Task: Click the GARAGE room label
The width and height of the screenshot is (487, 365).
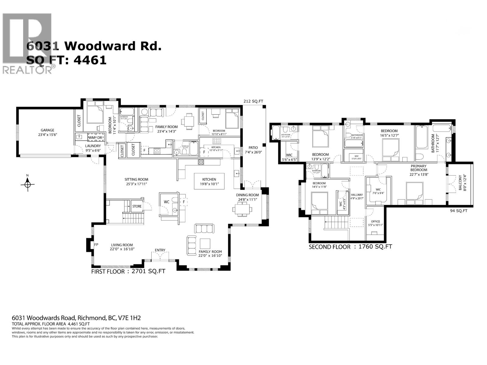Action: [47, 130]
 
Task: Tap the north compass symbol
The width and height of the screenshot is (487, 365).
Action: [28, 184]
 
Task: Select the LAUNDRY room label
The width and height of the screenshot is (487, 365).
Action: [93, 146]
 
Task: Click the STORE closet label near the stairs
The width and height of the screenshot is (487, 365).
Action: [137, 206]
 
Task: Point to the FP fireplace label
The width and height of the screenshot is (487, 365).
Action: [96, 245]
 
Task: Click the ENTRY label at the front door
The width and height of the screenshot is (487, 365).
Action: [160, 250]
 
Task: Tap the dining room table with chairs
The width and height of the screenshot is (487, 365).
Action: [242, 209]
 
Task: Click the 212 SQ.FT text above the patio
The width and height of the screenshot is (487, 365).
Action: [253, 101]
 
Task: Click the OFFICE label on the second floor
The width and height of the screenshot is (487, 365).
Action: [375, 221]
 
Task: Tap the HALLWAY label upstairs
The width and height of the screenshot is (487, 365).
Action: [357, 195]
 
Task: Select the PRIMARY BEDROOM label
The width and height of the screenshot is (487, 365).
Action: [419, 168]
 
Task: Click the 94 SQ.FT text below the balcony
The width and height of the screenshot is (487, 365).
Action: [458, 210]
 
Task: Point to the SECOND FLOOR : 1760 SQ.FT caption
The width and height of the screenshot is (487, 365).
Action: [350, 247]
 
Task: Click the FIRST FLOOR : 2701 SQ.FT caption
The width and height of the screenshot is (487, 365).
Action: [128, 271]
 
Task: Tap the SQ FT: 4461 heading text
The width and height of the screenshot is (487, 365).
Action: [67, 60]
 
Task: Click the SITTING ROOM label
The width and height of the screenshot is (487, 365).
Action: [136, 179]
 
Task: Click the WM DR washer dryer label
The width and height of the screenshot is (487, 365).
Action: [96, 138]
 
